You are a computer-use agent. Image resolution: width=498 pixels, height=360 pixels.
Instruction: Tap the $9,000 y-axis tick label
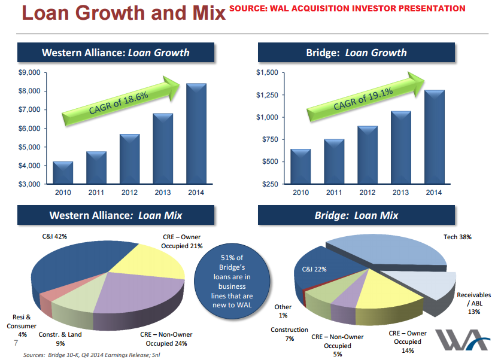click(x=29, y=72)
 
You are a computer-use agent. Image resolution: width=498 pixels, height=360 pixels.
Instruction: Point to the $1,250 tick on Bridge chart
click(x=268, y=95)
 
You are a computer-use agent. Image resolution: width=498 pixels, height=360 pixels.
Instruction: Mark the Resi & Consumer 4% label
click(x=22, y=326)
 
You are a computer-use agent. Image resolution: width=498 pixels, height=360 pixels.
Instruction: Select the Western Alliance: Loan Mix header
click(x=116, y=215)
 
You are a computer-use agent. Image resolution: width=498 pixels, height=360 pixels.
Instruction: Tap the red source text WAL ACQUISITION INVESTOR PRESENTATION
click(x=347, y=8)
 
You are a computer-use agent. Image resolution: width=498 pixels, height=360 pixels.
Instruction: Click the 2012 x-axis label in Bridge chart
click(x=367, y=193)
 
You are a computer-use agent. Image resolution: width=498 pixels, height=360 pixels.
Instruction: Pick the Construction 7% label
click(x=289, y=334)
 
